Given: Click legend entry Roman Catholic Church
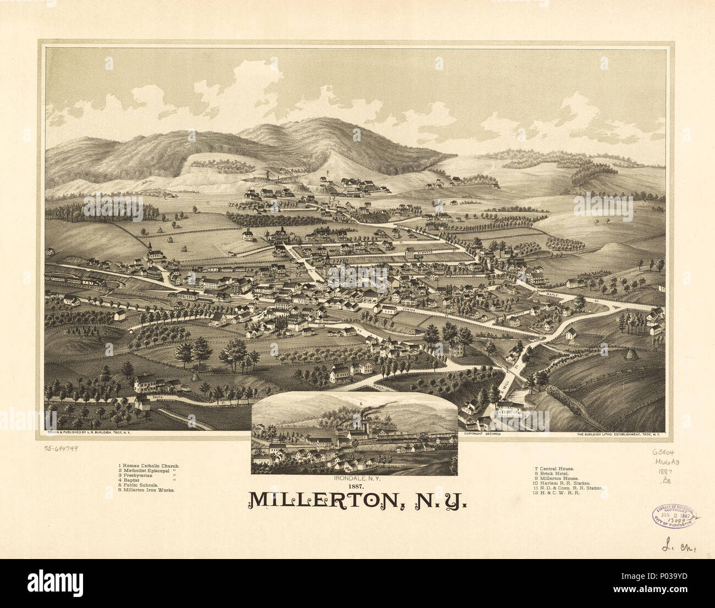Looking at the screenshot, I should click(x=148, y=466).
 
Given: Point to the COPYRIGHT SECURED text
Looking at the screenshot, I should click(x=482, y=434).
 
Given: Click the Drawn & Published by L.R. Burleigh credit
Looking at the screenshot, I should click(x=92, y=434).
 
